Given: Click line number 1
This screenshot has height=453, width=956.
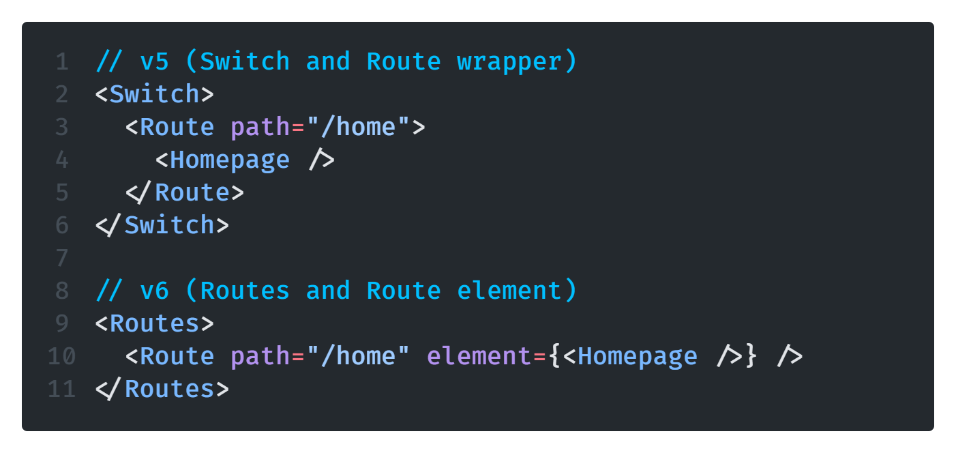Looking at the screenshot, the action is [62, 62].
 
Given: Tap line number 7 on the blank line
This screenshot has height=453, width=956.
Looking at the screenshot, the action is [62, 259].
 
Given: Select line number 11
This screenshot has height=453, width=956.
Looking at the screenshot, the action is [61, 390].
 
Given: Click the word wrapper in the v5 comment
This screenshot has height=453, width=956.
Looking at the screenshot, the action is [509, 62].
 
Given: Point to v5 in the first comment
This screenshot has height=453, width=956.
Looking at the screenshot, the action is [155, 62].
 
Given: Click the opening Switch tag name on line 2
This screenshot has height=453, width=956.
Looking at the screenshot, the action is [154, 94].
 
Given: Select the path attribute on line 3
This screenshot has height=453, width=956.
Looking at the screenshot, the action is [260, 128].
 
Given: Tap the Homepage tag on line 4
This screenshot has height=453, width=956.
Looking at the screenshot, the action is [230, 160].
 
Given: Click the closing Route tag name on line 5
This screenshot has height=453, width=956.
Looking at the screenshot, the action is [192, 193].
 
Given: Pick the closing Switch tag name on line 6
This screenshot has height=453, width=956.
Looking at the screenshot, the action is [169, 226].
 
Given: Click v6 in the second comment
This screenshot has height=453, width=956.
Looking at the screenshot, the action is [155, 291].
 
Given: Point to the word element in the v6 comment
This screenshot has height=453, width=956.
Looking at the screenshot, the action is [509, 291].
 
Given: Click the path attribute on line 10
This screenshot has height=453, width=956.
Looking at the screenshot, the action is [260, 357].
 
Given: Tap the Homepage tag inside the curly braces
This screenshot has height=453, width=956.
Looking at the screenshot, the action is [638, 357].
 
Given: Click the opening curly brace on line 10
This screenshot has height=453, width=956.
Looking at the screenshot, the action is [554, 357].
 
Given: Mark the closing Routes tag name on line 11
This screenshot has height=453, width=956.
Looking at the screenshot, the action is [169, 390].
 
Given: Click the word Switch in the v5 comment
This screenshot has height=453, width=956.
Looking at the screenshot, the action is [245, 62].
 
